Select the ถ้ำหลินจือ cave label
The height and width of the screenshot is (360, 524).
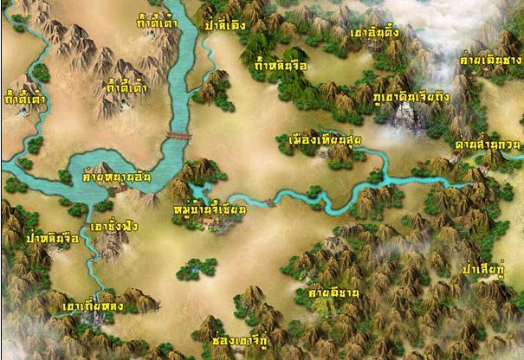tap(281, 65)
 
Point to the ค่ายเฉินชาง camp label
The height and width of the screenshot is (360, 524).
tap(490, 60)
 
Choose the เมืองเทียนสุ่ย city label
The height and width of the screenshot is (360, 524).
tap(325, 139)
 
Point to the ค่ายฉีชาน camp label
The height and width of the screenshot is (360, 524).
tap(333, 293)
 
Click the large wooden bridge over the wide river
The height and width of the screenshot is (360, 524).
tap(177, 137)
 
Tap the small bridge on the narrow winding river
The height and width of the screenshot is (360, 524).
tap(269, 202)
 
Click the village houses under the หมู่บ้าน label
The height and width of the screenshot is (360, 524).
tap(213, 224)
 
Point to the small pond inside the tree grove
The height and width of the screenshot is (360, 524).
tap(197, 267)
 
